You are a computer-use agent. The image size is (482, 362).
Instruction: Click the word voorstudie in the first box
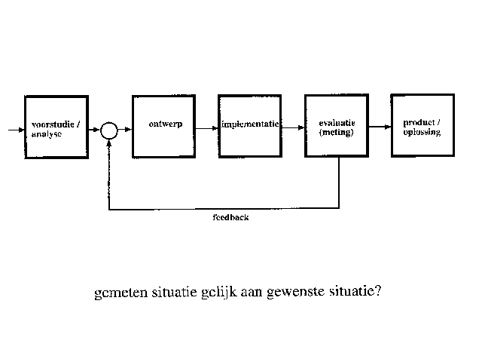click(x=53, y=124)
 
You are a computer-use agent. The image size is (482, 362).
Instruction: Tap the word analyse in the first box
click(x=47, y=134)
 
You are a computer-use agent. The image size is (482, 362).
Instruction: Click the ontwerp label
click(x=166, y=124)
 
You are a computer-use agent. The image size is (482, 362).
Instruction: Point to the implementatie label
click(x=250, y=124)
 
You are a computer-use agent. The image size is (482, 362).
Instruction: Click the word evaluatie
click(x=337, y=123)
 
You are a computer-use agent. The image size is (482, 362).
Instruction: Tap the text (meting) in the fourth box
click(x=337, y=133)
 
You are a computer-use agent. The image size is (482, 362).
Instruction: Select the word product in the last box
click(x=419, y=123)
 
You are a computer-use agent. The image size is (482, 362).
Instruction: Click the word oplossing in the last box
click(x=422, y=133)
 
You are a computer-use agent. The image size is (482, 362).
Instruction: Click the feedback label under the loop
click(x=230, y=217)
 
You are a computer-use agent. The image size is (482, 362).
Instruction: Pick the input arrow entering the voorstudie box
click(x=17, y=130)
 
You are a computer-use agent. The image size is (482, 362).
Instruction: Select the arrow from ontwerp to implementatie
click(x=207, y=128)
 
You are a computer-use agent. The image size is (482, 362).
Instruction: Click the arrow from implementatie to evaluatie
click(x=293, y=127)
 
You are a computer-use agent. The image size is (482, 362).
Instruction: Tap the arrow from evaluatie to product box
click(x=380, y=127)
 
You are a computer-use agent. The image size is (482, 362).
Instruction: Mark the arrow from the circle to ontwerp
click(x=125, y=129)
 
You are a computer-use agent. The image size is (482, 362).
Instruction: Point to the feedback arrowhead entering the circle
click(x=108, y=143)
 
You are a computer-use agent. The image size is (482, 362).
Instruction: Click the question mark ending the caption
click(x=378, y=290)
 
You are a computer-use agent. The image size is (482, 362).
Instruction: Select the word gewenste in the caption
click(x=295, y=292)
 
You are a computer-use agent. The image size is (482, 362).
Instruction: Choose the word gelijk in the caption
click(x=219, y=292)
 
